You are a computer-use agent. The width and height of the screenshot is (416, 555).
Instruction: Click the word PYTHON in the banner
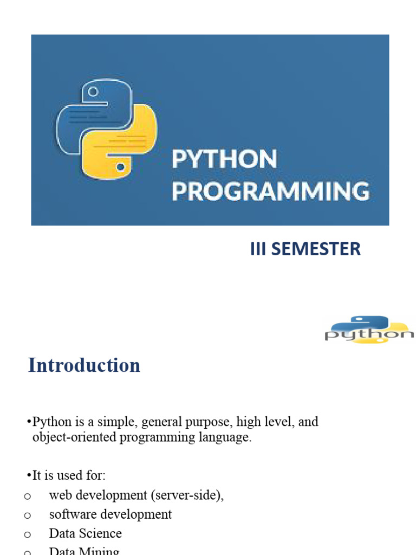point(224,159)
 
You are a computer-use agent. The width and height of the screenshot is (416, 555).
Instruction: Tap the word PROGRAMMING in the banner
point(271,191)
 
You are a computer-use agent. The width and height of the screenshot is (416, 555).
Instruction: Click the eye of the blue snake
point(93,92)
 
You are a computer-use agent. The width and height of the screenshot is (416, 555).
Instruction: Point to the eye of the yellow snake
point(121,167)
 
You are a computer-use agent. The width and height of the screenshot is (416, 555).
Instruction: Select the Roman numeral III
point(258,249)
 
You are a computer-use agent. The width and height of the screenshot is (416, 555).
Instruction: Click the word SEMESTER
point(316,249)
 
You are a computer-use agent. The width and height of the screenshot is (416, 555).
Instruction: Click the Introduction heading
point(84,365)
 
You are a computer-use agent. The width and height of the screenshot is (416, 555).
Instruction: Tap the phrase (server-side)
point(187,495)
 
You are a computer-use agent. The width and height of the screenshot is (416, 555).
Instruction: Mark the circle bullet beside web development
point(27,496)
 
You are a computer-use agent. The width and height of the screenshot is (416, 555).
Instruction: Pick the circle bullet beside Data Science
point(27,534)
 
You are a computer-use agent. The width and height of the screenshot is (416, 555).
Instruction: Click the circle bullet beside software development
point(27,515)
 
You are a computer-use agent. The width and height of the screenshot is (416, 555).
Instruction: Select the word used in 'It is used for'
point(69,475)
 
